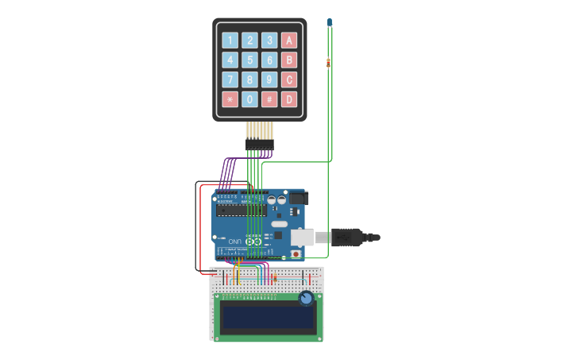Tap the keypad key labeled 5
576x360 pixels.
(249, 60)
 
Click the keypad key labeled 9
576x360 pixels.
(269, 79)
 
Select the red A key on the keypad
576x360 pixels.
(289, 41)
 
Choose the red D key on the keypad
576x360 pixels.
(289, 99)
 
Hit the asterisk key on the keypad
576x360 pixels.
(230, 99)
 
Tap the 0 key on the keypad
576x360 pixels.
(249, 99)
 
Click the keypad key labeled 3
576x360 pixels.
(269, 41)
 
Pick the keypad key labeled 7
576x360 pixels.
(230, 79)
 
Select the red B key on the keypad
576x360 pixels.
(289, 60)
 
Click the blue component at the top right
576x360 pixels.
(329, 22)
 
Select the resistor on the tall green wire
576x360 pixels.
(328, 62)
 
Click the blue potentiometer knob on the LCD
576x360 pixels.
(306, 299)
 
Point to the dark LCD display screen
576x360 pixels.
(268, 317)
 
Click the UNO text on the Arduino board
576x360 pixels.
(236, 241)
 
